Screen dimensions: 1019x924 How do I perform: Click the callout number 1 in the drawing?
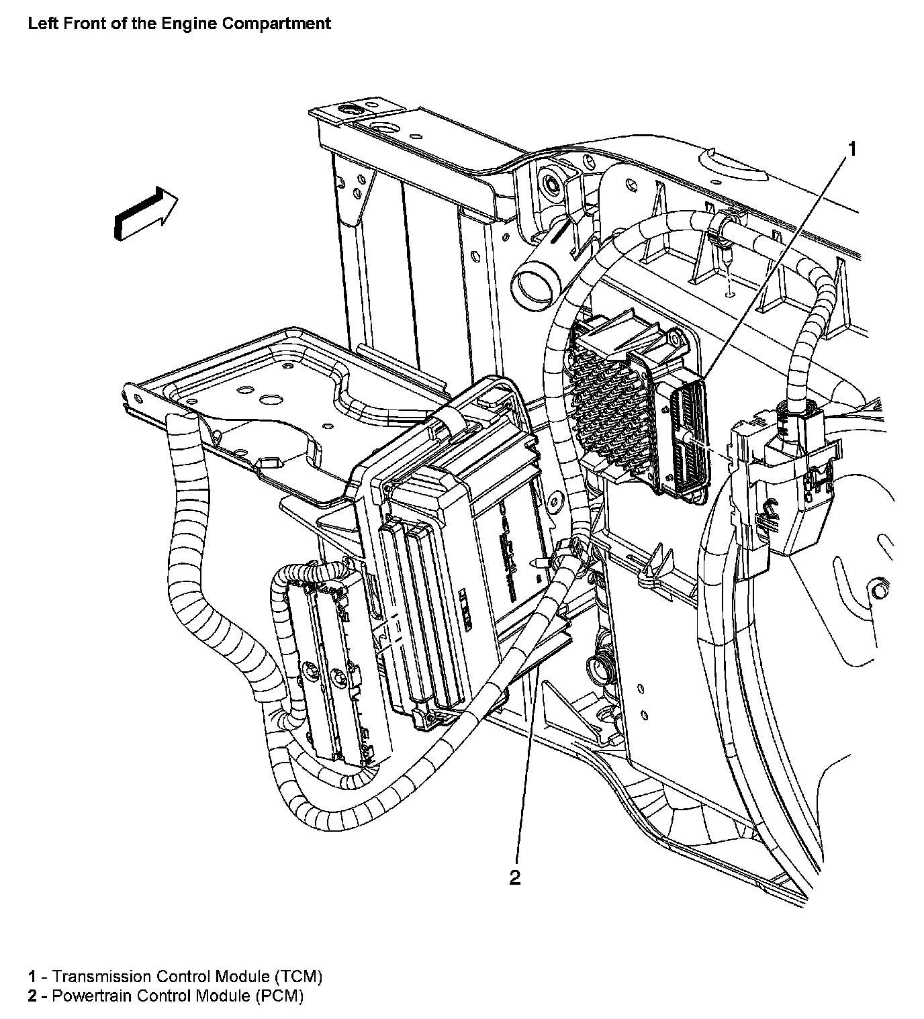coord(851,149)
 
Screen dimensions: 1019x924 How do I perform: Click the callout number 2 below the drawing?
coord(515,877)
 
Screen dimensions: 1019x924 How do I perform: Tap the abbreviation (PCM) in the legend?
coord(279,996)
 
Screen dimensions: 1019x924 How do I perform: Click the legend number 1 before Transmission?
coord(32,976)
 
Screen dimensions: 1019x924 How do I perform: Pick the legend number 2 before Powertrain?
coord(32,996)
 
